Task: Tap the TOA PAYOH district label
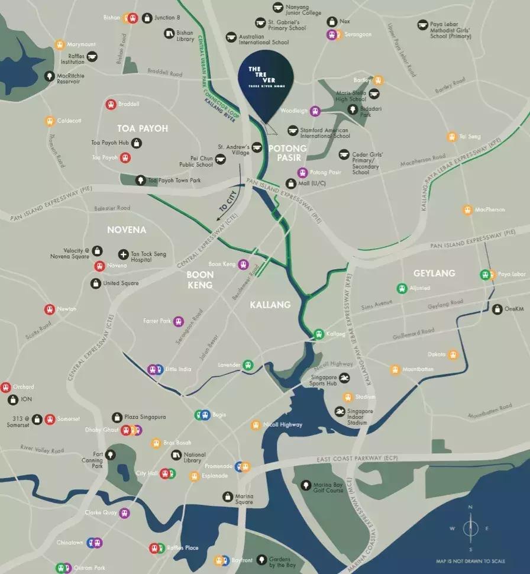[143, 128]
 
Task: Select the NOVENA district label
[127, 230]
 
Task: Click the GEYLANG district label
[434, 273]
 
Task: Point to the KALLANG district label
[270, 305]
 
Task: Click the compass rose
[470, 528]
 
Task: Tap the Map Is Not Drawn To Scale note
[470, 561]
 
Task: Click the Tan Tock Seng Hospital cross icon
[123, 254]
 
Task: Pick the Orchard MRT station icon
[6, 387]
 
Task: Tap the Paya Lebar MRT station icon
[486, 275]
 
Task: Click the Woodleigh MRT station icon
[315, 111]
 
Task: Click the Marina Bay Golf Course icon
[305, 485]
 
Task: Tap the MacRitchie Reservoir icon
[49, 76]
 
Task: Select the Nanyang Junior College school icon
[279, 8]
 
